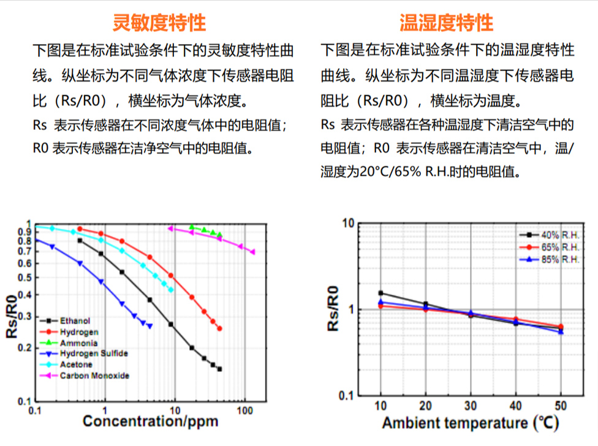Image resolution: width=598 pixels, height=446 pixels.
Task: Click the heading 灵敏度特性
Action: pos(159,23)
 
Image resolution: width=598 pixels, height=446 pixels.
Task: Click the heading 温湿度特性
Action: pos(446,23)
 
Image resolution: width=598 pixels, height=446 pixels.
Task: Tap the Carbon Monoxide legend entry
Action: pos(94,376)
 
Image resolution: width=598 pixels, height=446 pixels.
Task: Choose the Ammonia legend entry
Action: pos(78,343)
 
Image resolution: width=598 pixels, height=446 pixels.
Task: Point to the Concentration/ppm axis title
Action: pos(150,421)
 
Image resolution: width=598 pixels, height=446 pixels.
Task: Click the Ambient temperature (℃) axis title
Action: pos(470,423)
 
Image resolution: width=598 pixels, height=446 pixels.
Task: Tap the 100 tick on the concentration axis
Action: pos(245,409)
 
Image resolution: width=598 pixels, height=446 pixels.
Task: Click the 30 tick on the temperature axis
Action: pos(471,406)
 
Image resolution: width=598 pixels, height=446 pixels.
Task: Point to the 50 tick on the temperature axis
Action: pos(561,406)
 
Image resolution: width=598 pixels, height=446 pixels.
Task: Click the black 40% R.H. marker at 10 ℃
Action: pos(380,293)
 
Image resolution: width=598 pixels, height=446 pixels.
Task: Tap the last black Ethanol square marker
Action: pos(219,369)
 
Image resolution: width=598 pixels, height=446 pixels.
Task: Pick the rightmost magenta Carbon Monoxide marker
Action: pos(252,252)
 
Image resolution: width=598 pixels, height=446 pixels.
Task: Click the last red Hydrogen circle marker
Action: pos(219,328)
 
